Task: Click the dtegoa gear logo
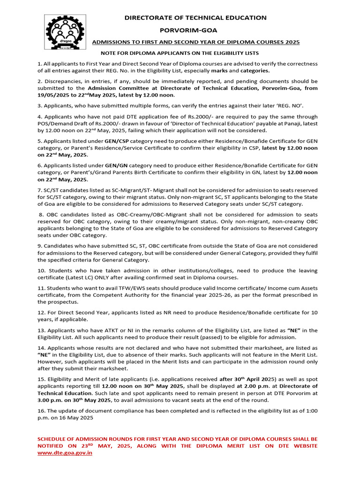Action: tap(65, 33)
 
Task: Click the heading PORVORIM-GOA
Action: tap(195, 30)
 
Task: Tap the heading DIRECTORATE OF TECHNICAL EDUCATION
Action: tap(195, 18)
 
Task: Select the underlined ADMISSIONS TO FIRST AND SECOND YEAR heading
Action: tap(195, 42)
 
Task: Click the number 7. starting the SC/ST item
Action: tap(40, 190)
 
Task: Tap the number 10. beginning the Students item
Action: tap(42, 270)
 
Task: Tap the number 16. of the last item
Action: tap(42, 411)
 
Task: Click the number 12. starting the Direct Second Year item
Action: tap(42, 313)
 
